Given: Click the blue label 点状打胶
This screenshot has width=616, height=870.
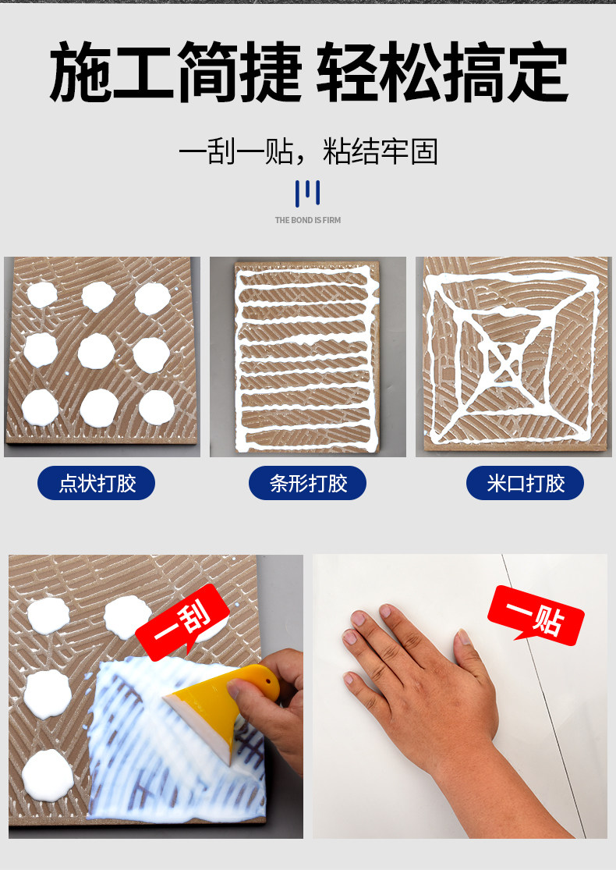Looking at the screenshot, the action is (x=96, y=483).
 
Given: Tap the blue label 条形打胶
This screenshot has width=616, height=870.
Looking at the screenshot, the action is (x=307, y=483).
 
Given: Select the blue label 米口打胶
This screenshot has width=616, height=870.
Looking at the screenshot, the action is (x=525, y=483).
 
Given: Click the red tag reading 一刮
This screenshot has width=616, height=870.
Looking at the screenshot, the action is (x=182, y=621).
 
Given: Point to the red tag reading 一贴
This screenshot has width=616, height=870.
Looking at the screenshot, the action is (x=536, y=616).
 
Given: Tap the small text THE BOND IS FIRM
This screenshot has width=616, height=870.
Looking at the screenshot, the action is (x=308, y=220).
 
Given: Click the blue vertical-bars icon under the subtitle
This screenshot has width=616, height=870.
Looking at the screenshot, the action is (x=308, y=193).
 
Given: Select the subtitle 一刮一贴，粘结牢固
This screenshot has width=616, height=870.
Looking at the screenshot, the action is (x=308, y=151).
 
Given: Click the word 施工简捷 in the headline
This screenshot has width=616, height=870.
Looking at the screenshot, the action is (x=175, y=72).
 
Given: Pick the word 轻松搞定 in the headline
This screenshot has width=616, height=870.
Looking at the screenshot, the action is (x=442, y=72).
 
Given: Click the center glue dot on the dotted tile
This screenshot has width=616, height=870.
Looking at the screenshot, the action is (x=96, y=351).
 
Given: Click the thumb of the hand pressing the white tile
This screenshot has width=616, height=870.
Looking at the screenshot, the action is (x=470, y=653).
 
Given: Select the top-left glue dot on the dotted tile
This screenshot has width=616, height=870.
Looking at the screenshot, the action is (x=41, y=295).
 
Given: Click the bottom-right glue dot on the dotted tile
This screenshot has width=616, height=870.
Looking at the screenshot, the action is (x=157, y=407).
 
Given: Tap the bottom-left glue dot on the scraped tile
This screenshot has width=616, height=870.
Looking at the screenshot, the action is (x=48, y=775).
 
